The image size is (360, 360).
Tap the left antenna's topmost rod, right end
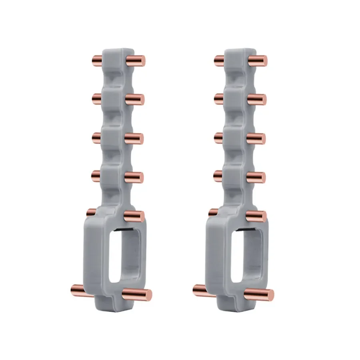141,61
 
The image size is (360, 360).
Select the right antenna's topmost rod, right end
263,61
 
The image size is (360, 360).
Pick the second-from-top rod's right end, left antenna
140,100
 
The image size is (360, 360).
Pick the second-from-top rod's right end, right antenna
262,100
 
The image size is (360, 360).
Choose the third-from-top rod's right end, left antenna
139,138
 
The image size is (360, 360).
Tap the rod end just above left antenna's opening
140,216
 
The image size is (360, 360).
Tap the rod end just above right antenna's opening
262,216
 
